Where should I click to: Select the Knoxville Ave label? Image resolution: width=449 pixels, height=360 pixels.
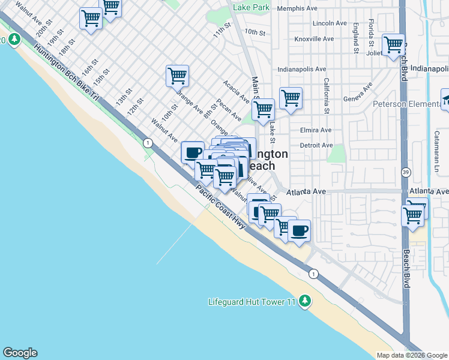(314, 39)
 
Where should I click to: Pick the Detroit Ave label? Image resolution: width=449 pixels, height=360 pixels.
(316, 145)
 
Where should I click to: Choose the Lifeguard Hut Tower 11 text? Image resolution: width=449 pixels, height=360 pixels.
(252, 301)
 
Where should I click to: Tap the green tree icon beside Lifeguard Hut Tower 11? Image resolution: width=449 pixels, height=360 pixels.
(306, 301)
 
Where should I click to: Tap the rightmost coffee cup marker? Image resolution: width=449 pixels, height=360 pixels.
(299, 230)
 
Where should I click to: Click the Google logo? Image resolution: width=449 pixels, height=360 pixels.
(20, 353)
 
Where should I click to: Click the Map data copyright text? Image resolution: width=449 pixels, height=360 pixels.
(412, 355)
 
